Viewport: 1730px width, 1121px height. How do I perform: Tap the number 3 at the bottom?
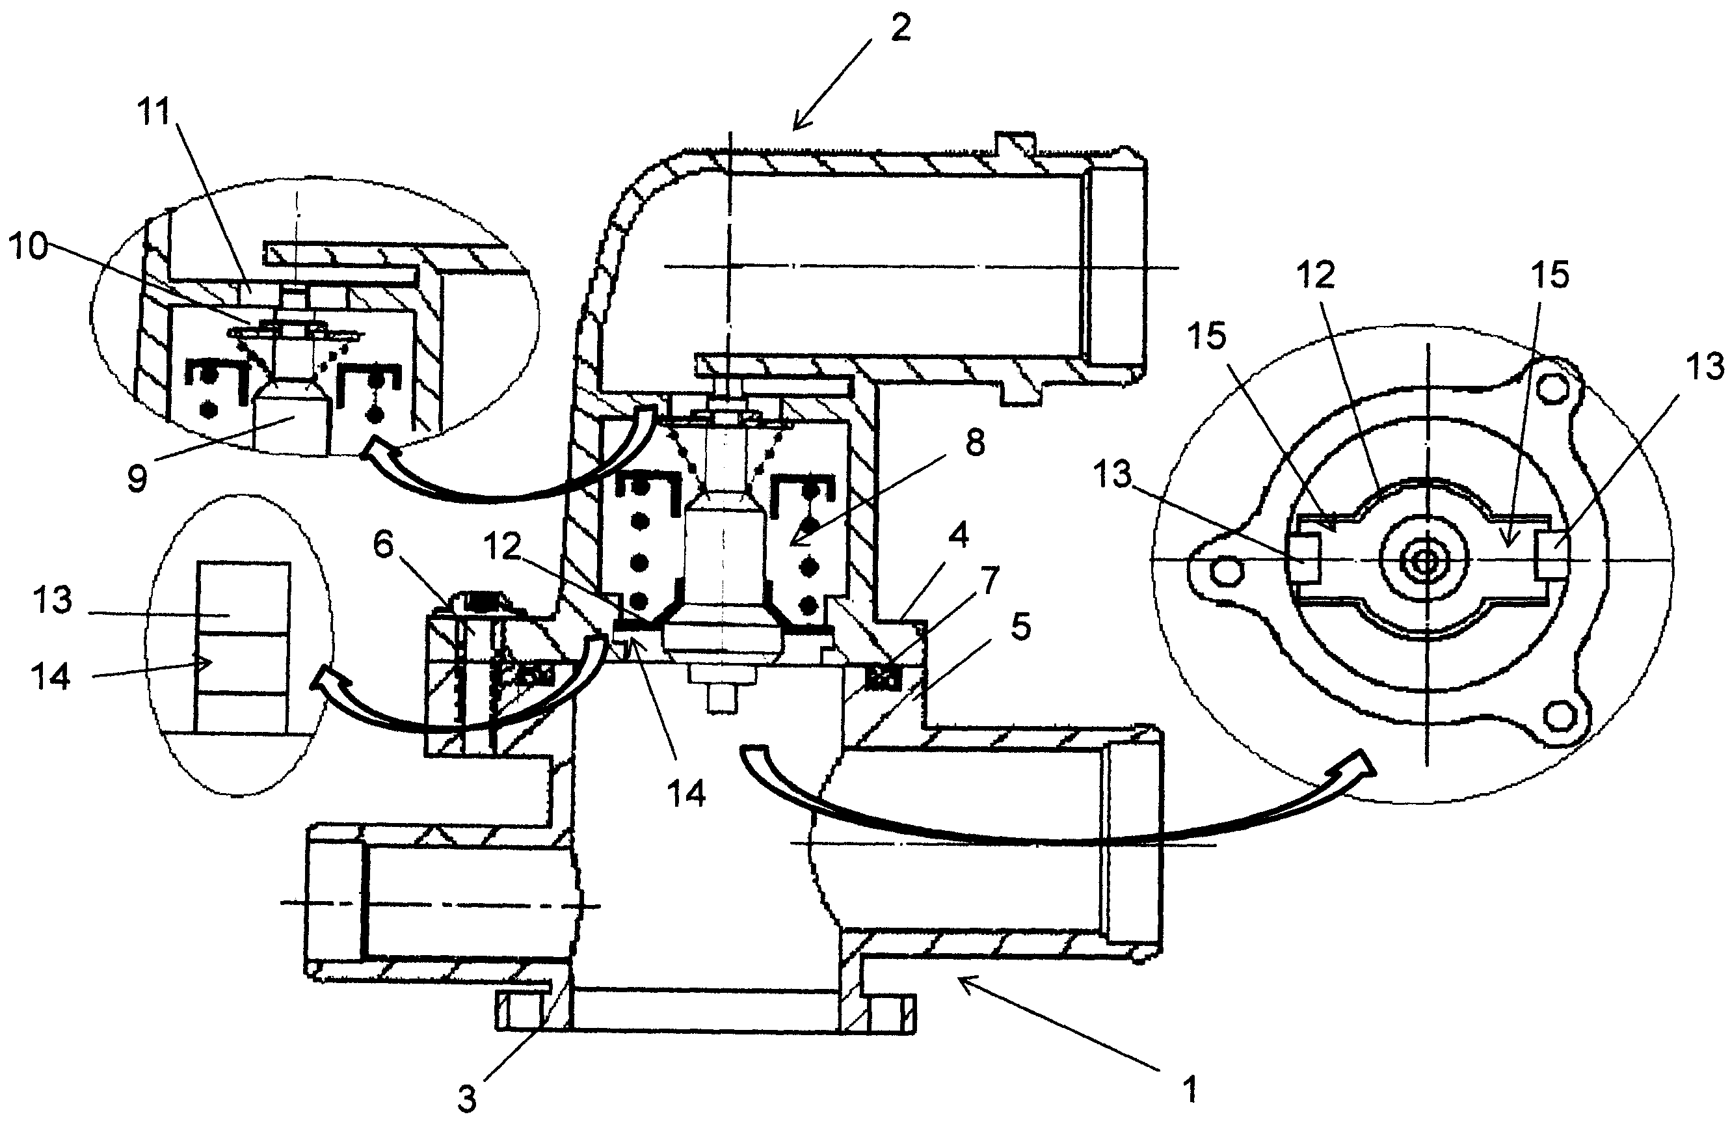click(467, 1099)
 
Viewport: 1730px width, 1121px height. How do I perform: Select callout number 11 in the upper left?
click(153, 113)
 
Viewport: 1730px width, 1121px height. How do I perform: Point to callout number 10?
click(27, 247)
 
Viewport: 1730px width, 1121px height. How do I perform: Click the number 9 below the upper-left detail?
click(137, 478)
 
